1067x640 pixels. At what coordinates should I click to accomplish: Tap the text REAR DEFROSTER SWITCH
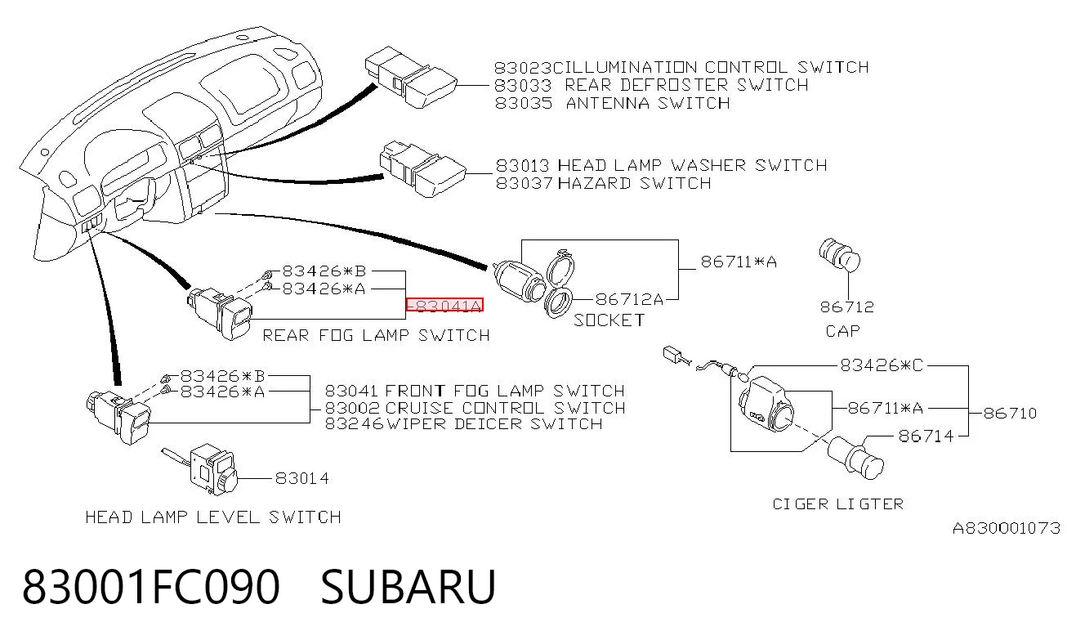[x=686, y=85]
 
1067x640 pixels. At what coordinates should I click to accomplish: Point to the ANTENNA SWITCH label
[x=648, y=103]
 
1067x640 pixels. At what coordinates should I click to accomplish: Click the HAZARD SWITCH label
[x=635, y=183]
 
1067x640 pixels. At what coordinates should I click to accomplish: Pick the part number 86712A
[x=629, y=299]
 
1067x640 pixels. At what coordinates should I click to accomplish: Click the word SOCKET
[x=609, y=320]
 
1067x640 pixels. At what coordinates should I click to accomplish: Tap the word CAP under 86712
[x=842, y=331]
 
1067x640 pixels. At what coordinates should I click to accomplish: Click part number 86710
[x=1010, y=413]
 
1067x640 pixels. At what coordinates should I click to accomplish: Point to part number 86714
[x=926, y=436]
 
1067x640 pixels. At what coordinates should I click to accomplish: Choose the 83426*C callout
[x=882, y=365]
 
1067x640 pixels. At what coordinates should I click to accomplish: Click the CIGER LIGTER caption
[x=838, y=504]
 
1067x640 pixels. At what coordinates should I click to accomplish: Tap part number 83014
[x=302, y=478]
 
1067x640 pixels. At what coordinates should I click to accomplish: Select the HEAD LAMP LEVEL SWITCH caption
[x=213, y=517]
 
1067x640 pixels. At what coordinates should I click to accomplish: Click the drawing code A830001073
[x=1007, y=528]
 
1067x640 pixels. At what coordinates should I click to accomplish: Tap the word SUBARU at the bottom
[x=408, y=587]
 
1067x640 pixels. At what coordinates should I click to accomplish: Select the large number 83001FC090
[x=151, y=587]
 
